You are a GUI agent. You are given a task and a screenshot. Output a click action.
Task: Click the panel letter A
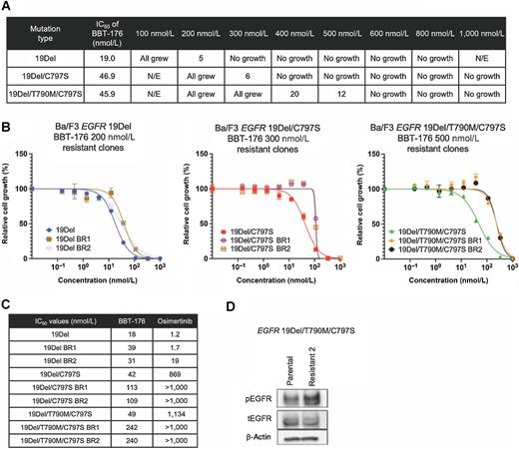tap(7, 7)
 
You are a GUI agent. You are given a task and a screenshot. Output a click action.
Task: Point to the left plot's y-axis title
tap(8, 217)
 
